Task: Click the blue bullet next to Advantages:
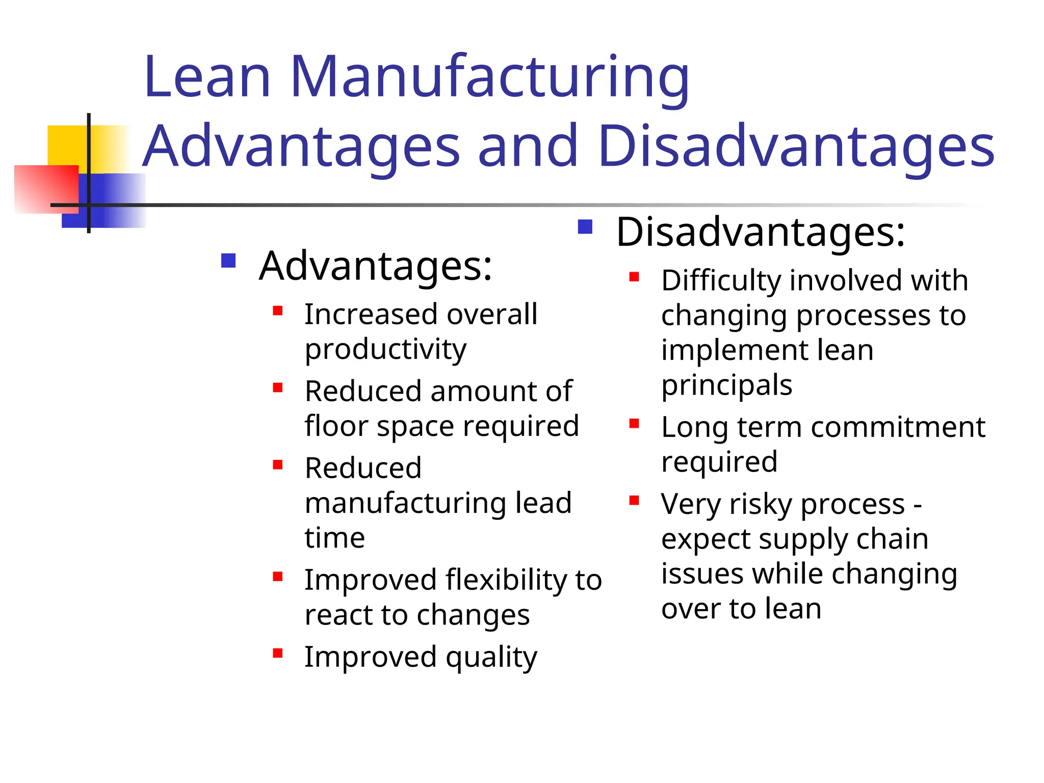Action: [x=228, y=261]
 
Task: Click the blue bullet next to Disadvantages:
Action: [x=585, y=226]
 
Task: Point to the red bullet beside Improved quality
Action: [x=278, y=654]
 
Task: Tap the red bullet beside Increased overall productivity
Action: [x=278, y=311]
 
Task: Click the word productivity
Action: [x=385, y=350]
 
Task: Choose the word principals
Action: [x=727, y=385]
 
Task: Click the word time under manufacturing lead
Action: [x=335, y=538]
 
